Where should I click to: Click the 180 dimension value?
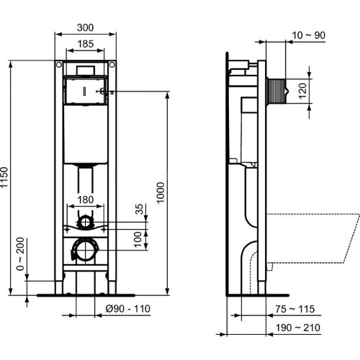[85, 199]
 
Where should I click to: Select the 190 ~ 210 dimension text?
[297, 326]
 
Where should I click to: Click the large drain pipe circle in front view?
[86, 250]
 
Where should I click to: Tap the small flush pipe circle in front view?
[86, 221]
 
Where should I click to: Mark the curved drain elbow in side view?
[252, 266]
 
